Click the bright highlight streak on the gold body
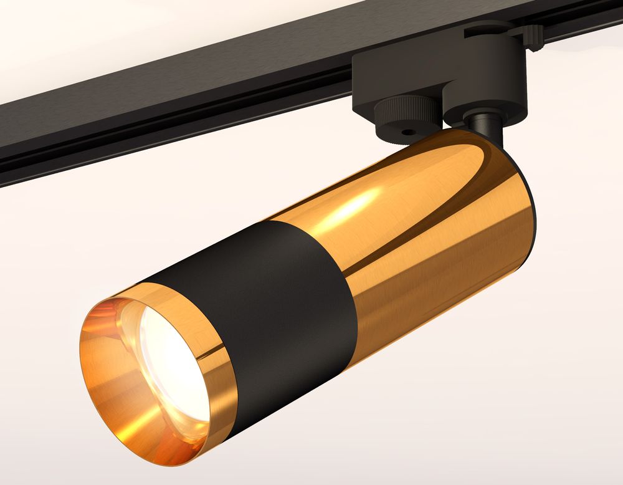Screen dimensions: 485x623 [355, 206]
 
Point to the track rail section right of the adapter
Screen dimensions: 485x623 [579, 25]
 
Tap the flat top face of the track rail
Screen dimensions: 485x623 [187, 69]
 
